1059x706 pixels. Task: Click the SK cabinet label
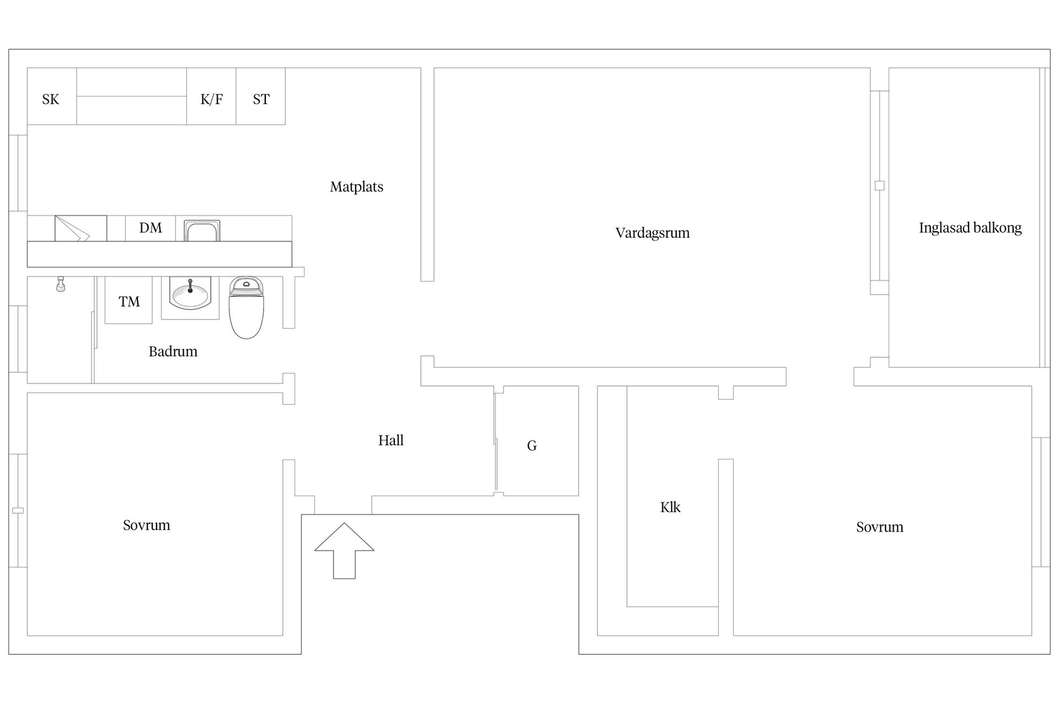[x=51, y=99]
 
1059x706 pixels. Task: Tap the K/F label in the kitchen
[x=211, y=99]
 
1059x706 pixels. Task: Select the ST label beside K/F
[x=261, y=99]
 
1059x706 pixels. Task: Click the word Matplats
[x=356, y=187]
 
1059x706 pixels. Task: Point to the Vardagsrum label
[x=652, y=233]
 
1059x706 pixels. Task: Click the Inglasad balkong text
[x=970, y=228]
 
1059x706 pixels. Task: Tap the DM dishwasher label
[x=151, y=228]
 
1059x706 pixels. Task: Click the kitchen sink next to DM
[x=202, y=231]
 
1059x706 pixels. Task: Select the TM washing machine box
[x=129, y=301]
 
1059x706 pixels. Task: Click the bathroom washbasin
[x=190, y=295]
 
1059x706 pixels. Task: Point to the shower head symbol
[x=61, y=284]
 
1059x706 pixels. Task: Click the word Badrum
[x=173, y=351]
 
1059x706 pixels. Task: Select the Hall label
[x=391, y=440]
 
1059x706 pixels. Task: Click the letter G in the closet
[x=532, y=446]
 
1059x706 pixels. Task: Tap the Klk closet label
[x=670, y=507]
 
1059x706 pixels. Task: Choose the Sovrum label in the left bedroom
[x=146, y=525]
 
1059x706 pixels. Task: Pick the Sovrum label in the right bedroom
[x=879, y=527]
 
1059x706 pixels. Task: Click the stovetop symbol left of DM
[x=81, y=228]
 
